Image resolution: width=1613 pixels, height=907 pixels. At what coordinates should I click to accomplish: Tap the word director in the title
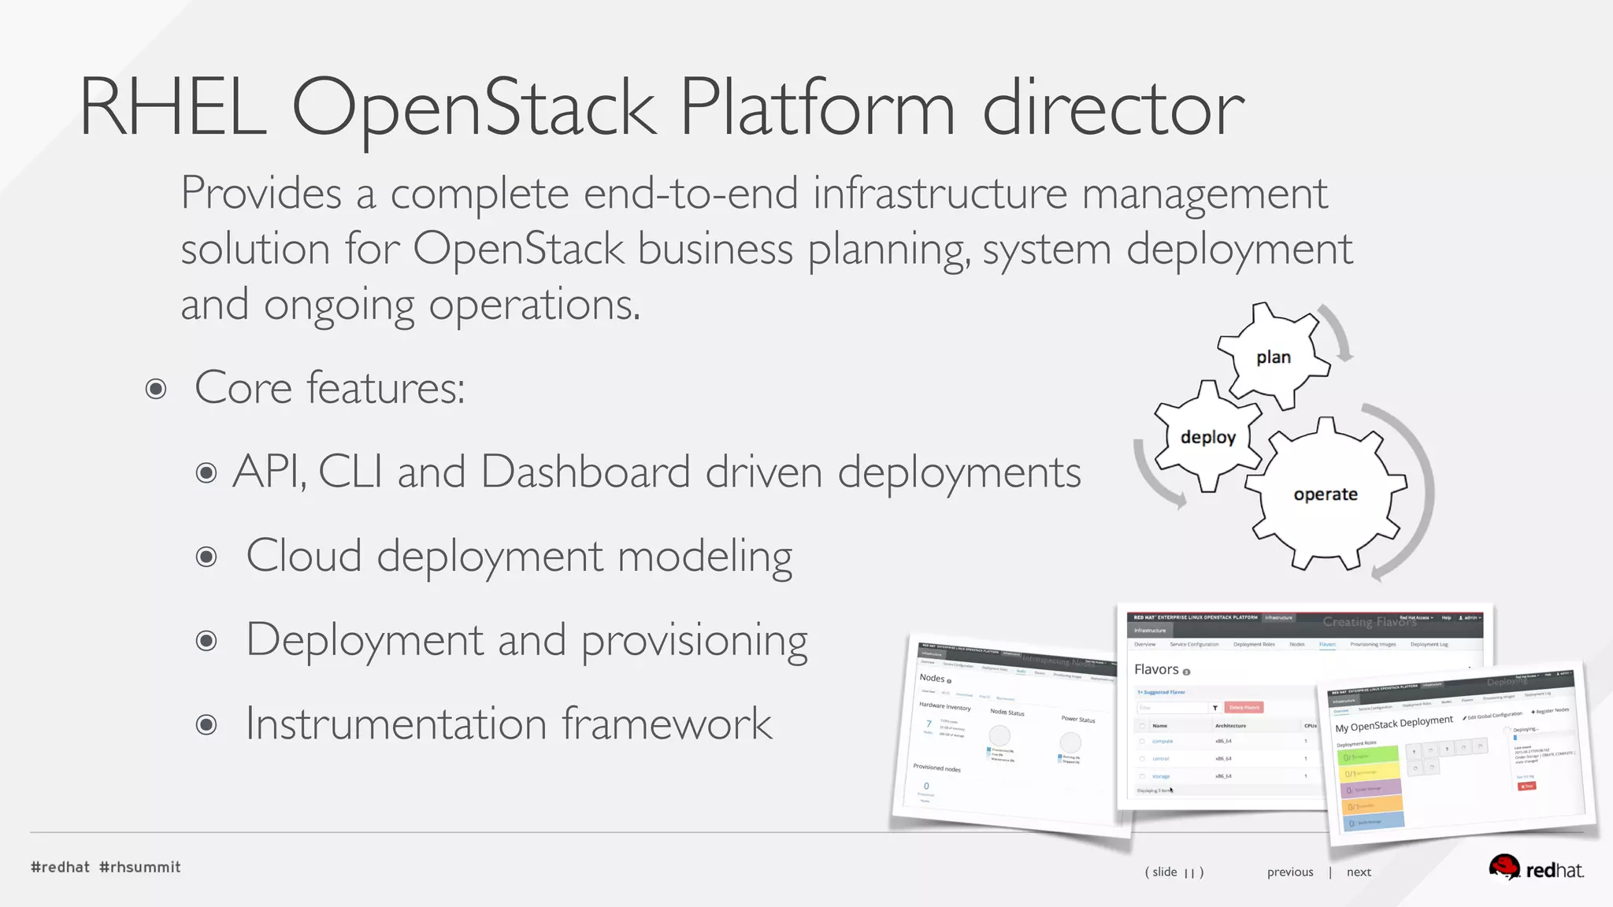1112,108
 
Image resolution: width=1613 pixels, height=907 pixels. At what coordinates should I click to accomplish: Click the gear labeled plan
1273,357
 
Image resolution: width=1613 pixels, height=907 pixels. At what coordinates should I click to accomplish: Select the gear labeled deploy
1207,437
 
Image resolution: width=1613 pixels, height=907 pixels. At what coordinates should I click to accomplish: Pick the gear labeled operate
1326,494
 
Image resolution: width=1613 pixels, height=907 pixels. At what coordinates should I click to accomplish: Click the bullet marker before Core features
156,389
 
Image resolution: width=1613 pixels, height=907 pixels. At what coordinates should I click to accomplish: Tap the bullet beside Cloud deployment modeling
206,557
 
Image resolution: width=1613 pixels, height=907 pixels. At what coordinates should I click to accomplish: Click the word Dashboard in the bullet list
585,472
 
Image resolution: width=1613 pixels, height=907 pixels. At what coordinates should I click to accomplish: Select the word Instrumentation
396,724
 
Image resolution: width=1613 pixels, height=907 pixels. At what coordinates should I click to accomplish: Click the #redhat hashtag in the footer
60,867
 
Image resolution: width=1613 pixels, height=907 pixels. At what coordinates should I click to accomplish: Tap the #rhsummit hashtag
140,867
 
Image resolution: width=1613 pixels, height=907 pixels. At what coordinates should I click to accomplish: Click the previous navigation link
1290,872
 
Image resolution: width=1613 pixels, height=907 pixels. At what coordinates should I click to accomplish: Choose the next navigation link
1359,872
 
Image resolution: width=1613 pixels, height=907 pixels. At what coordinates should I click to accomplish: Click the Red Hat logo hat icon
1504,867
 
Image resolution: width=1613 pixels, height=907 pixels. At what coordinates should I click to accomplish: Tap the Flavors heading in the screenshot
1156,669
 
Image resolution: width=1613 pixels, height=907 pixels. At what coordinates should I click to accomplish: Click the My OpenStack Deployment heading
1393,724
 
